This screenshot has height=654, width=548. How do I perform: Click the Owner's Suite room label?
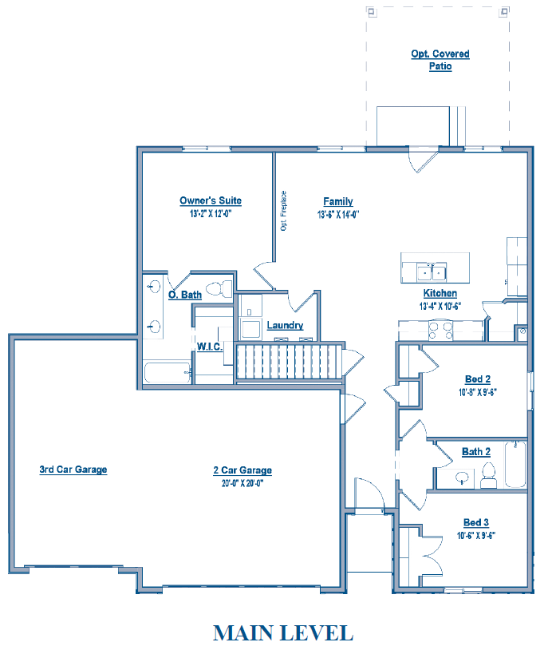211,200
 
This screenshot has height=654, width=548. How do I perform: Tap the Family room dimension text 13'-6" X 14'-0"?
338,214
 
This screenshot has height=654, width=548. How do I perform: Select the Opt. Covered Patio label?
440,60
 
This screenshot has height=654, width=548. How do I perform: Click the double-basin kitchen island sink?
432,272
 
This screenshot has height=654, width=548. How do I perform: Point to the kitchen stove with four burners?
440,330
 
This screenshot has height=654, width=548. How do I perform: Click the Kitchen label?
440,293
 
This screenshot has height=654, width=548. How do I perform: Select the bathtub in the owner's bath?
168,372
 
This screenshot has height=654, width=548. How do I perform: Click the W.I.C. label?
209,347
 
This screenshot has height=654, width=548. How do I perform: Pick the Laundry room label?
285,325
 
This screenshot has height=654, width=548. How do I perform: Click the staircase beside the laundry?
290,361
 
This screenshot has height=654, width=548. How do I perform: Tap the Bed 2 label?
478,379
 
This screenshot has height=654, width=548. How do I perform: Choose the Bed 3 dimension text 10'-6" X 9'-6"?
476,536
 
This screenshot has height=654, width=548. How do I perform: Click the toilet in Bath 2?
488,476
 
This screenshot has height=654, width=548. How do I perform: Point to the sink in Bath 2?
462,478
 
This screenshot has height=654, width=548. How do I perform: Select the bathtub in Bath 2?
515,464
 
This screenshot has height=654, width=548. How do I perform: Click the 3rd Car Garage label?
73,470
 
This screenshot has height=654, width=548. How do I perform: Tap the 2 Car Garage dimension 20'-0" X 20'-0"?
242,483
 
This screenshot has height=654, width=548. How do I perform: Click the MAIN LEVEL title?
283,633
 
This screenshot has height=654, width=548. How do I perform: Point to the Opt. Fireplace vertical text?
283,211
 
